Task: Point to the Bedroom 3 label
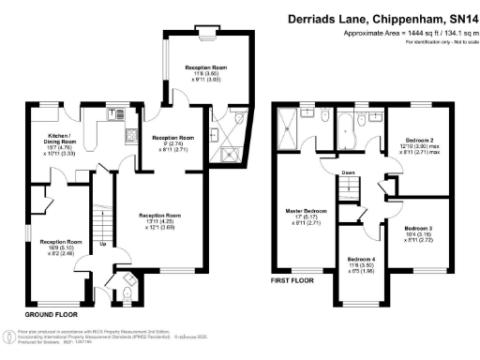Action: (419, 232)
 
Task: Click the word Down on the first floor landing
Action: (347, 172)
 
